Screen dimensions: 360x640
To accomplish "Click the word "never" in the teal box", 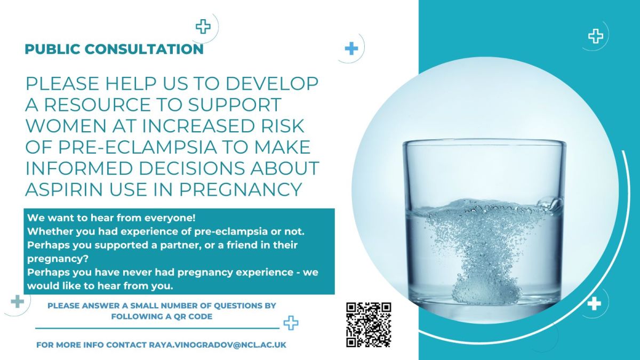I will tap(132, 273).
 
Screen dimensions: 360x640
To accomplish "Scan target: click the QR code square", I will tap(369, 325).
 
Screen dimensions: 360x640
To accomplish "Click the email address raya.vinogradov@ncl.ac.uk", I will tap(218, 345).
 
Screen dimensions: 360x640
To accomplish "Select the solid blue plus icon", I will tap(351, 49).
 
